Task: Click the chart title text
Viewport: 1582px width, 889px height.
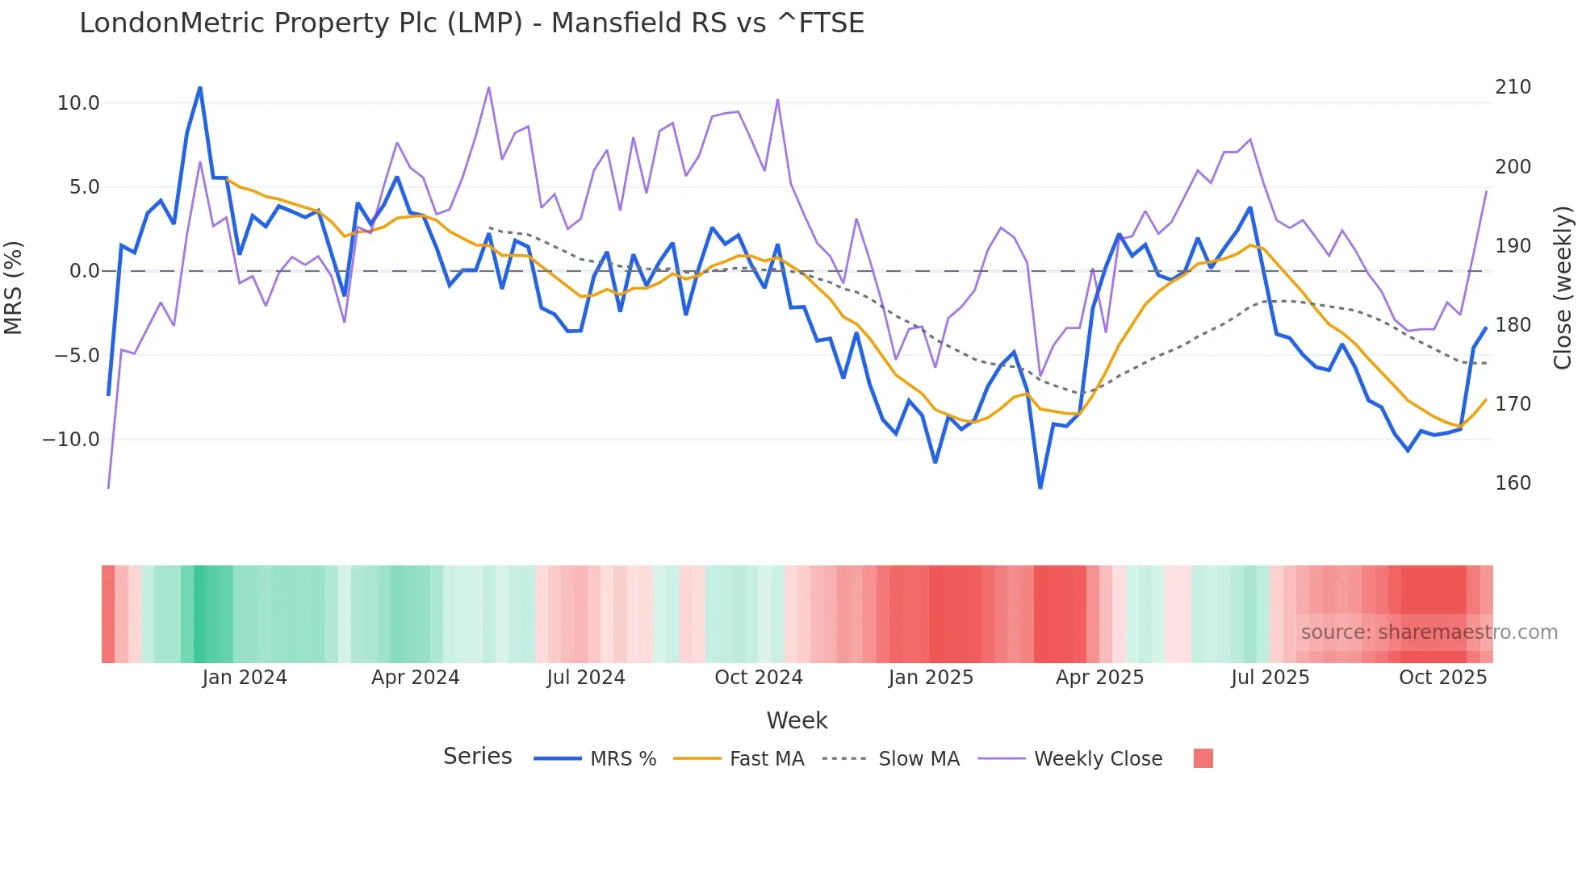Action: pos(471,23)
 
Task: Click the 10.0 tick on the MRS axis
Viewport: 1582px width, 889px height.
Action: pos(78,103)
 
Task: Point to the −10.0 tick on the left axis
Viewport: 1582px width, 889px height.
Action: pos(71,440)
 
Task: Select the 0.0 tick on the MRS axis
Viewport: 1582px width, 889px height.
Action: pos(84,271)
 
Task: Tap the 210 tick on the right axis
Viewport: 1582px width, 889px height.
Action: pos(1513,87)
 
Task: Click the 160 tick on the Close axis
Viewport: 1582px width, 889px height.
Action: pos(1513,483)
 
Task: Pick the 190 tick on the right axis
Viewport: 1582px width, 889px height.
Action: pos(1513,246)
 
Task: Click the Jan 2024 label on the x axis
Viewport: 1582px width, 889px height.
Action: pos(245,678)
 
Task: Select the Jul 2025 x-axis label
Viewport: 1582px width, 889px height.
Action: pos(1270,678)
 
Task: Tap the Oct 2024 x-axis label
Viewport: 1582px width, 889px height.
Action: pos(759,678)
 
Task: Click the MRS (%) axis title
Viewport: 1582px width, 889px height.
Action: pos(14,287)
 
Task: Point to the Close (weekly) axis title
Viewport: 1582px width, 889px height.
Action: pos(1563,287)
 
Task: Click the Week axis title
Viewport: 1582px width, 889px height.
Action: pos(797,720)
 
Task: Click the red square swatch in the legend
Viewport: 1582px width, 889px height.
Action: pos(1203,758)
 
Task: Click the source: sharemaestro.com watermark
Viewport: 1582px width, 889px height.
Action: pos(1429,632)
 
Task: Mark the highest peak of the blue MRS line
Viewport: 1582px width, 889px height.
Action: pos(200,87)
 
